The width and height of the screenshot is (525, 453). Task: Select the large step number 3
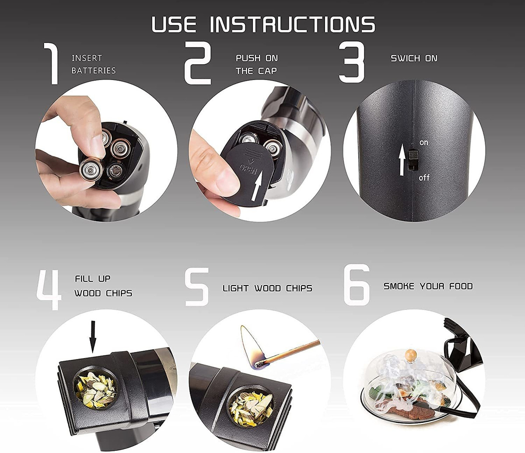(x=352, y=62)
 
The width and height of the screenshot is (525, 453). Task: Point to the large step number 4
(x=49, y=289)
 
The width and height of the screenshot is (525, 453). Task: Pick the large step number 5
(x=197, y=287)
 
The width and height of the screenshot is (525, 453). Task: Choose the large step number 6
(x=357, y=285)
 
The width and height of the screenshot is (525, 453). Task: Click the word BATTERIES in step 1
(x=94, y=70)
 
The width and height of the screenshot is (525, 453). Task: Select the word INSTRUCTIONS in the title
(x=292, y=24)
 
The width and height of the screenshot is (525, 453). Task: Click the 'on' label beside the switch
(x=423, y=143)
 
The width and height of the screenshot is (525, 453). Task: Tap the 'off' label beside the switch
(x=424, y=178)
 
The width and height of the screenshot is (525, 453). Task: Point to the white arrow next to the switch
(x=402, y=160)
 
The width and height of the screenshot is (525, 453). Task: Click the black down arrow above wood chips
(x=93, y=337)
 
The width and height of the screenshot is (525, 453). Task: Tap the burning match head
(x=260, y=365)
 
